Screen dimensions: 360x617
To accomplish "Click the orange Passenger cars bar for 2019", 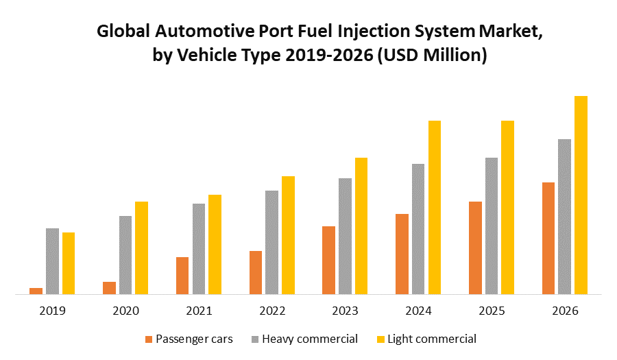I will tap(36, 291).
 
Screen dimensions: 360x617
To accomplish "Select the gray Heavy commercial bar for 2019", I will tap(52, 261).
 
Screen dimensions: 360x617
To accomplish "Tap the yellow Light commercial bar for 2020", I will tap(141, 248).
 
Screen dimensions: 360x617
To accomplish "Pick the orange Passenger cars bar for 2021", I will tap(182, 276).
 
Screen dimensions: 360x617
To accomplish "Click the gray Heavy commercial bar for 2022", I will tap(271, 242).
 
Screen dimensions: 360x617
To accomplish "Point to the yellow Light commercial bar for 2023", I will tap(361, 226).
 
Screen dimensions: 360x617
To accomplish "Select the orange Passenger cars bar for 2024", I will tap(402, 254).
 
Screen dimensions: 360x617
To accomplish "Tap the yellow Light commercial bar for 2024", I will tap(435, 207).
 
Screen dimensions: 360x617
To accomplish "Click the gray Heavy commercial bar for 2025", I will tap(492, 226).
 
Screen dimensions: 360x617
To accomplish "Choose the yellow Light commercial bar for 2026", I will tap(581, 195).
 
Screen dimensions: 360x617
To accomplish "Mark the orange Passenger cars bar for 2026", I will tap(548, 238).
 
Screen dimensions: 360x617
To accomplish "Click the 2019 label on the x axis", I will tap(52, 311).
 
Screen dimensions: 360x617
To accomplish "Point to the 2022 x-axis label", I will tap(272, 311).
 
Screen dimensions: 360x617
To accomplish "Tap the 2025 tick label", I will tap(492, 311).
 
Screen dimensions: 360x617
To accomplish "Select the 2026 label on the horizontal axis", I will tap(566, 311).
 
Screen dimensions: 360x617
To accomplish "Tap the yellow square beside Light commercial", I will tap(380, 339).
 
